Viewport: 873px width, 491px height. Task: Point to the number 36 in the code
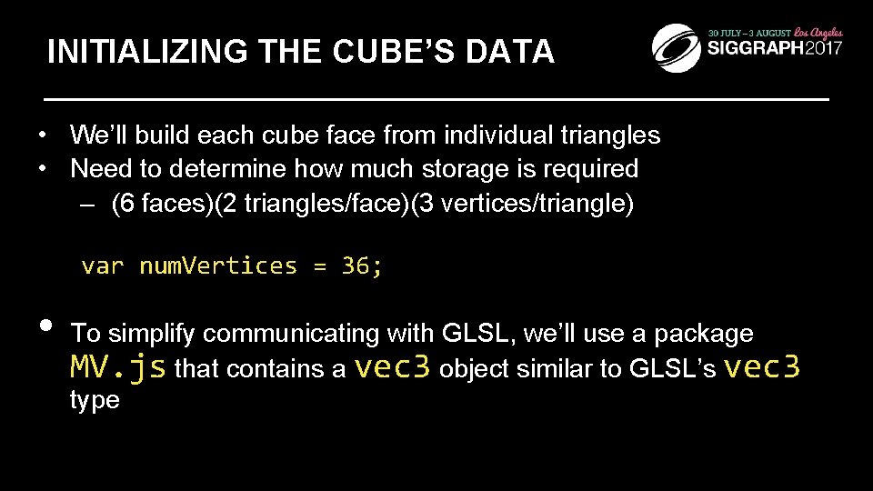pos(356,266)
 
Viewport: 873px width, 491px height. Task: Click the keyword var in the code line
pos(101,266)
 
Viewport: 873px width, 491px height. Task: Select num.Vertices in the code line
pos(217,266)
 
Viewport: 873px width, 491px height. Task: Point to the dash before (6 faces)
pos(85,202)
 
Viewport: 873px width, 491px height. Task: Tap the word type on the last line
pos(95,400)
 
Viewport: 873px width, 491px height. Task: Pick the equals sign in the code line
pos(318,266)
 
